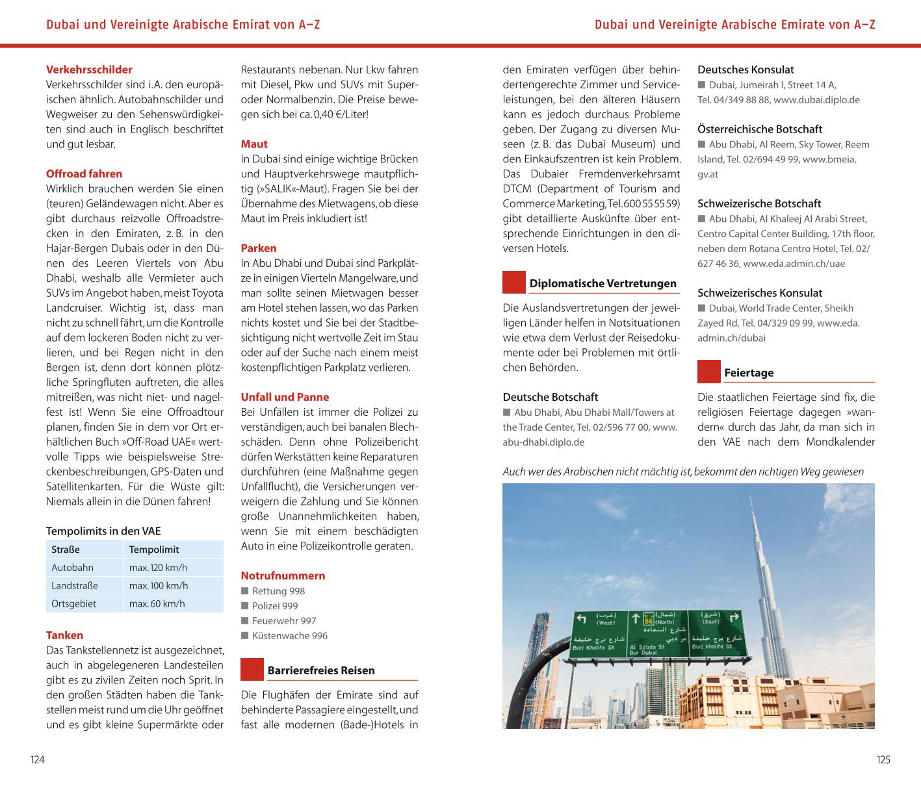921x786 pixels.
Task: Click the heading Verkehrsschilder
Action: click(x=89, y=70)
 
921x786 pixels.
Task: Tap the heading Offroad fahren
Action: click(x=84, y=173)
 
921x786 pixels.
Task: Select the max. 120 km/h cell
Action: click(x=158, y=568)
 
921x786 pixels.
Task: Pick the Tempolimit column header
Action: click(x=153, y=550)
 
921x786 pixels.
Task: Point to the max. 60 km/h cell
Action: click(x=157, y=603)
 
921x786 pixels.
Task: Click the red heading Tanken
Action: click(x=64, y=635)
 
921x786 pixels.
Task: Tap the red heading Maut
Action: click(x=254, y=144)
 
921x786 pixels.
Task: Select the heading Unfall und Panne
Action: click(x=285, y=397)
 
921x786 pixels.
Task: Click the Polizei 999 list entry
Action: click(x=275, y=606)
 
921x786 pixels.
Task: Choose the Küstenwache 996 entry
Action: click(x=290, y=636)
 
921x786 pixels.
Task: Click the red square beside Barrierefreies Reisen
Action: click(x=252, y=670)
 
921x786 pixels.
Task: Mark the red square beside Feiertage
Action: click(x=709, y=372)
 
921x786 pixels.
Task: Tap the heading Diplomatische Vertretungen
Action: click(x=603, y=283)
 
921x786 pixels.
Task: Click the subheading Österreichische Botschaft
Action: click(x=760, y=129)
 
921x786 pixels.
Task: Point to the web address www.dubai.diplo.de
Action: click(x=816, y=100)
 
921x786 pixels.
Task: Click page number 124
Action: click(x=38, y=759)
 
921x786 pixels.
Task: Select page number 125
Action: click(x=883, y=759)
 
